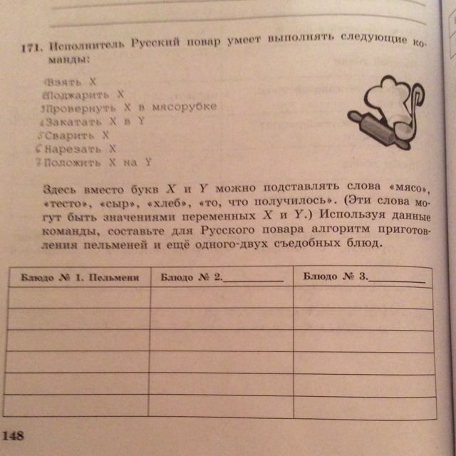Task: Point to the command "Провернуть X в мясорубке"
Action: click(128, 107)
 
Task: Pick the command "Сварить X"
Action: click(76, 134)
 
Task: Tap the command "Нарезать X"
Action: click(79, 148)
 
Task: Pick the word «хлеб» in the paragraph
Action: click(167, 202)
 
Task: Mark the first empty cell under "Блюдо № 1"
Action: click(79, 297)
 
